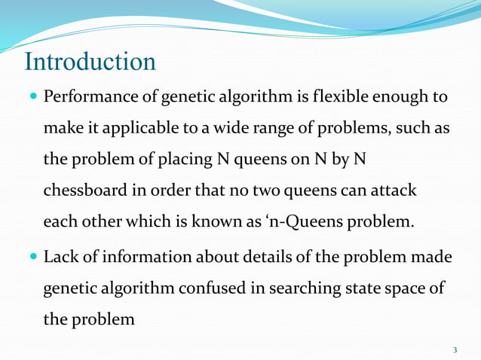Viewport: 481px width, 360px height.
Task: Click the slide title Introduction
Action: click(x=90, y=61)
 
